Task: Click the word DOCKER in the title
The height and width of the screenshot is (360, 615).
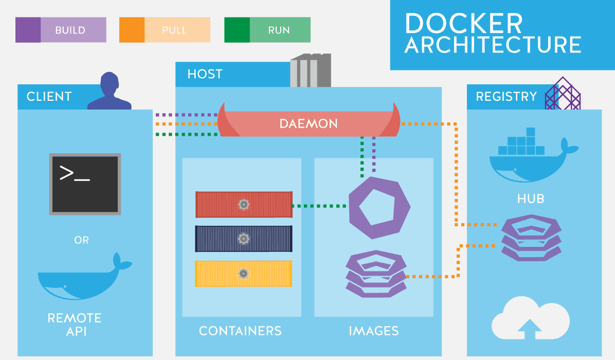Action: click(463, 24)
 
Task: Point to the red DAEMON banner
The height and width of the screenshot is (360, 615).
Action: click(309, 124)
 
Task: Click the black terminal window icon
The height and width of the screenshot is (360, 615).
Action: click(85, 184)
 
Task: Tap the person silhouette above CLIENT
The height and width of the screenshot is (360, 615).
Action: click(110, 93)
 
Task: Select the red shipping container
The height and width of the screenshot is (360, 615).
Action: click(244, 205)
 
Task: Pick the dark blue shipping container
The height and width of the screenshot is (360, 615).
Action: click(244, 239)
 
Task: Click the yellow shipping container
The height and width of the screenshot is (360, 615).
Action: click(244, 273)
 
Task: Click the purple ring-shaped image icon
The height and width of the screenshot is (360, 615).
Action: click(379, 208)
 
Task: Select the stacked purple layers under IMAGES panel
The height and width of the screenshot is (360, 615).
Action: click(375, 274)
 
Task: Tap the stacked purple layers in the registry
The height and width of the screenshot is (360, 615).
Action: click(531, 238)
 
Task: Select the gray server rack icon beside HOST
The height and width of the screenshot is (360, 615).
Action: click(310, 71)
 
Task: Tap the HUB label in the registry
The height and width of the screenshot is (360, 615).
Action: click(531, 199)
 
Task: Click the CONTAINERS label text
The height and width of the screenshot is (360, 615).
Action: click(240, 331)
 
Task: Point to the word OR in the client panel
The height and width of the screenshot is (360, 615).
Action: click(81, 240)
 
